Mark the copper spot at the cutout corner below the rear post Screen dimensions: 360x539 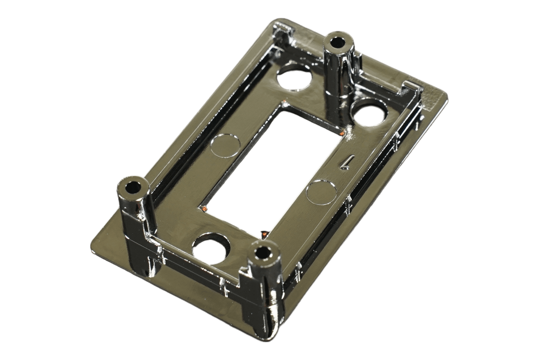[342, 133]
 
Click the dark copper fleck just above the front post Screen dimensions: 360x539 [262, 232]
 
